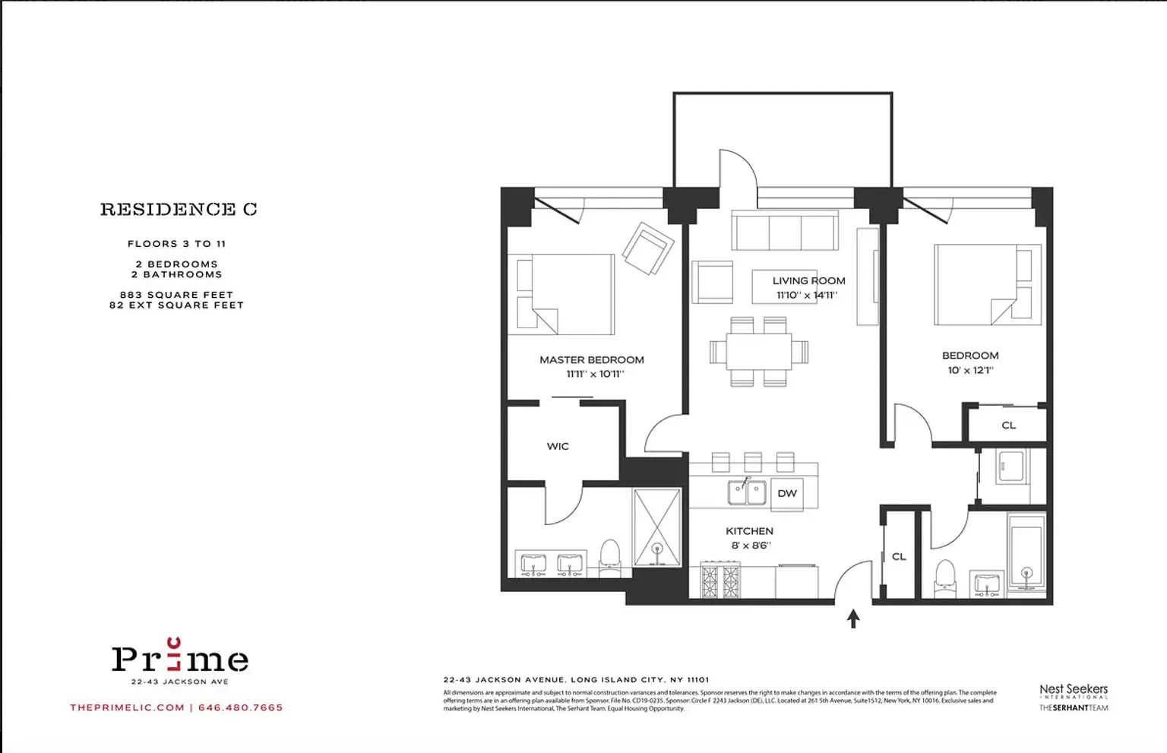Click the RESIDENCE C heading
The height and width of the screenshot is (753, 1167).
(x=179, y=209)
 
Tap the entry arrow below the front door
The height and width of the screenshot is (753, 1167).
(x=853, y=619)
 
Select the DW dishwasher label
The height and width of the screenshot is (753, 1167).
(x=787, y=493)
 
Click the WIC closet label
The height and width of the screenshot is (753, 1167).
(x=558, y=446)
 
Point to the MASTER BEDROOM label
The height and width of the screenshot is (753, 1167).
(x=592, y=359)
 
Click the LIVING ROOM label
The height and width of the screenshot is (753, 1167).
(x=808, y=280)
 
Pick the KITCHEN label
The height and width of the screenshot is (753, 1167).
(x=749, y=531)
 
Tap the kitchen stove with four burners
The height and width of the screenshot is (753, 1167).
(x=720, y=581)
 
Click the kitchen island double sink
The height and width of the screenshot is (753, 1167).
(x=747, y=492)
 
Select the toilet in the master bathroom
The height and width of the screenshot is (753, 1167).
(x=610, y=554)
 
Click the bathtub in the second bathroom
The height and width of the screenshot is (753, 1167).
(x=1026, y=552)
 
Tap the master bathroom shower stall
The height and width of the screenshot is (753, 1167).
(x=657, y=527)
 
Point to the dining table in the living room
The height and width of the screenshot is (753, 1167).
(x=758, y=352)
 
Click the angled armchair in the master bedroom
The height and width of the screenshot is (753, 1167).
(x=648, y=248)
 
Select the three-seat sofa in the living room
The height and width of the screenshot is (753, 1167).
(x=785, y=230)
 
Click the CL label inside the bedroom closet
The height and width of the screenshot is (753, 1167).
(x=1009, y=426)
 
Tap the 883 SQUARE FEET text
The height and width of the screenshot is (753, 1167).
(x=176, y=295)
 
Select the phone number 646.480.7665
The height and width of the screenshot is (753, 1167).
(x=240, y=707)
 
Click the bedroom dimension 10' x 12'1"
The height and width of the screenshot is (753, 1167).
(x=970, y=370)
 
